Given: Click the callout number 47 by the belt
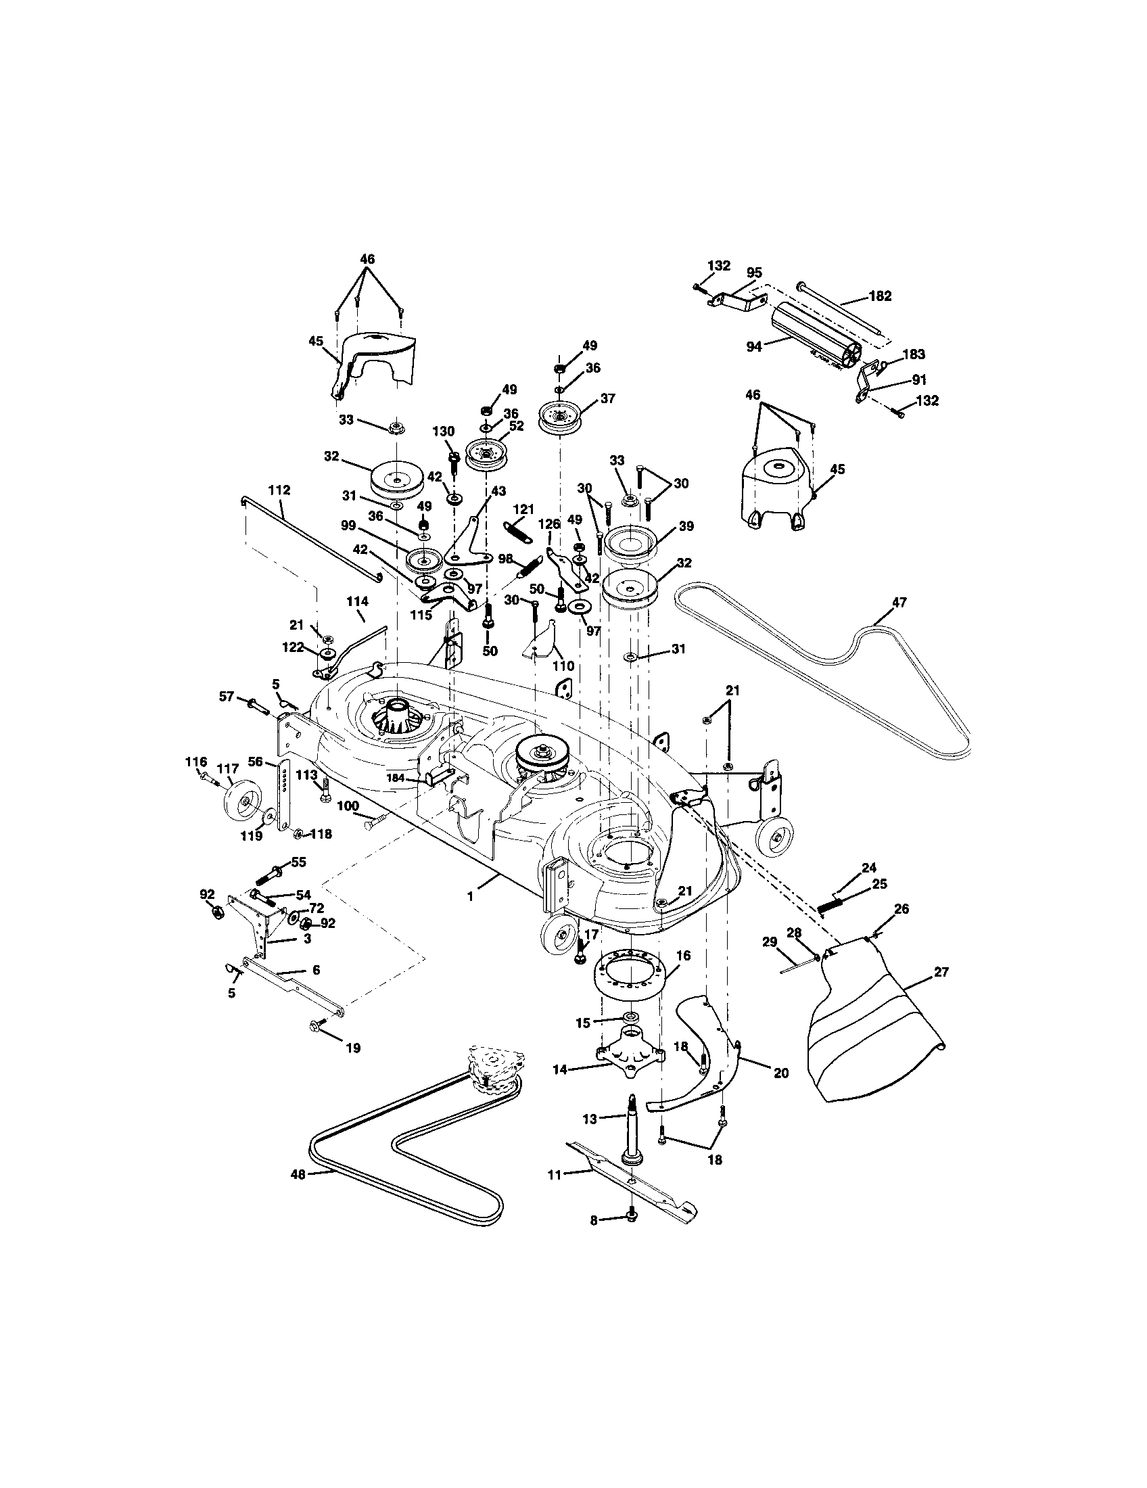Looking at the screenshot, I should tap(899, 602).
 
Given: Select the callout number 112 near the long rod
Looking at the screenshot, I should tap(279, 490).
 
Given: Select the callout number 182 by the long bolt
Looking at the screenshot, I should tap(880, 296).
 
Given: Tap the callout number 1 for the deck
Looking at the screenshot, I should tap(469, 897).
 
